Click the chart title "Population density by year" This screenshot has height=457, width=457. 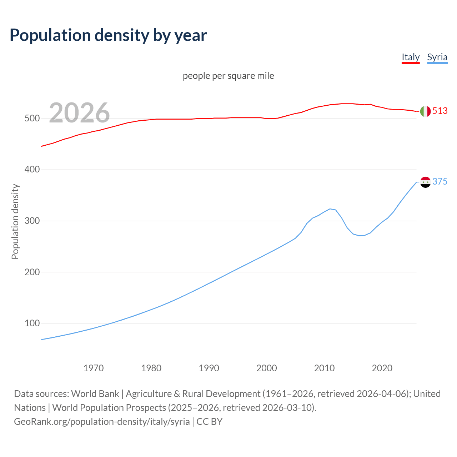(x=108, y=35)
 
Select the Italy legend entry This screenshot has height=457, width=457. (x=411, y=57)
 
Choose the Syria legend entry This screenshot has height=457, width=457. (x=437, y=57)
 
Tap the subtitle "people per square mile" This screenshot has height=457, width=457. (x=228, y=76)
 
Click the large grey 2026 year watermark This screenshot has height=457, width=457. (x=79, y=113)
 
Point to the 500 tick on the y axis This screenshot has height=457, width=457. (x=32, y=118)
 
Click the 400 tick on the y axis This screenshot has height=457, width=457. (x=32, y=170)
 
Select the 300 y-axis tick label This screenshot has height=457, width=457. (x=32, y=221)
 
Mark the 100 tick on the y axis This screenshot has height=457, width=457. (x=32, y=323)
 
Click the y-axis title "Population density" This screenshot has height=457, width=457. (x=15, y=221)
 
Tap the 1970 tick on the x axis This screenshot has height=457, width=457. (x=94, y=368)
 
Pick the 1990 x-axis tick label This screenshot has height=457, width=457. (x=209, y=368)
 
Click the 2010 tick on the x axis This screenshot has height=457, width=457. (x=324, y=368)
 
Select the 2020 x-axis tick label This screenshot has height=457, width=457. (x=382, y=368)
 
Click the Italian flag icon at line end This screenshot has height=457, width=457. (x=425, y=111)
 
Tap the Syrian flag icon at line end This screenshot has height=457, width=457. (x=425, y=182)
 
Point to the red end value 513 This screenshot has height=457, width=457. (x=440, y=111)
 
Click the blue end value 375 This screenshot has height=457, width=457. (x=440, y=182)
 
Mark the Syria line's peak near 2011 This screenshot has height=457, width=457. (x=330, y=209)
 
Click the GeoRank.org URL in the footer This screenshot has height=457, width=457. (x=102, y=422)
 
